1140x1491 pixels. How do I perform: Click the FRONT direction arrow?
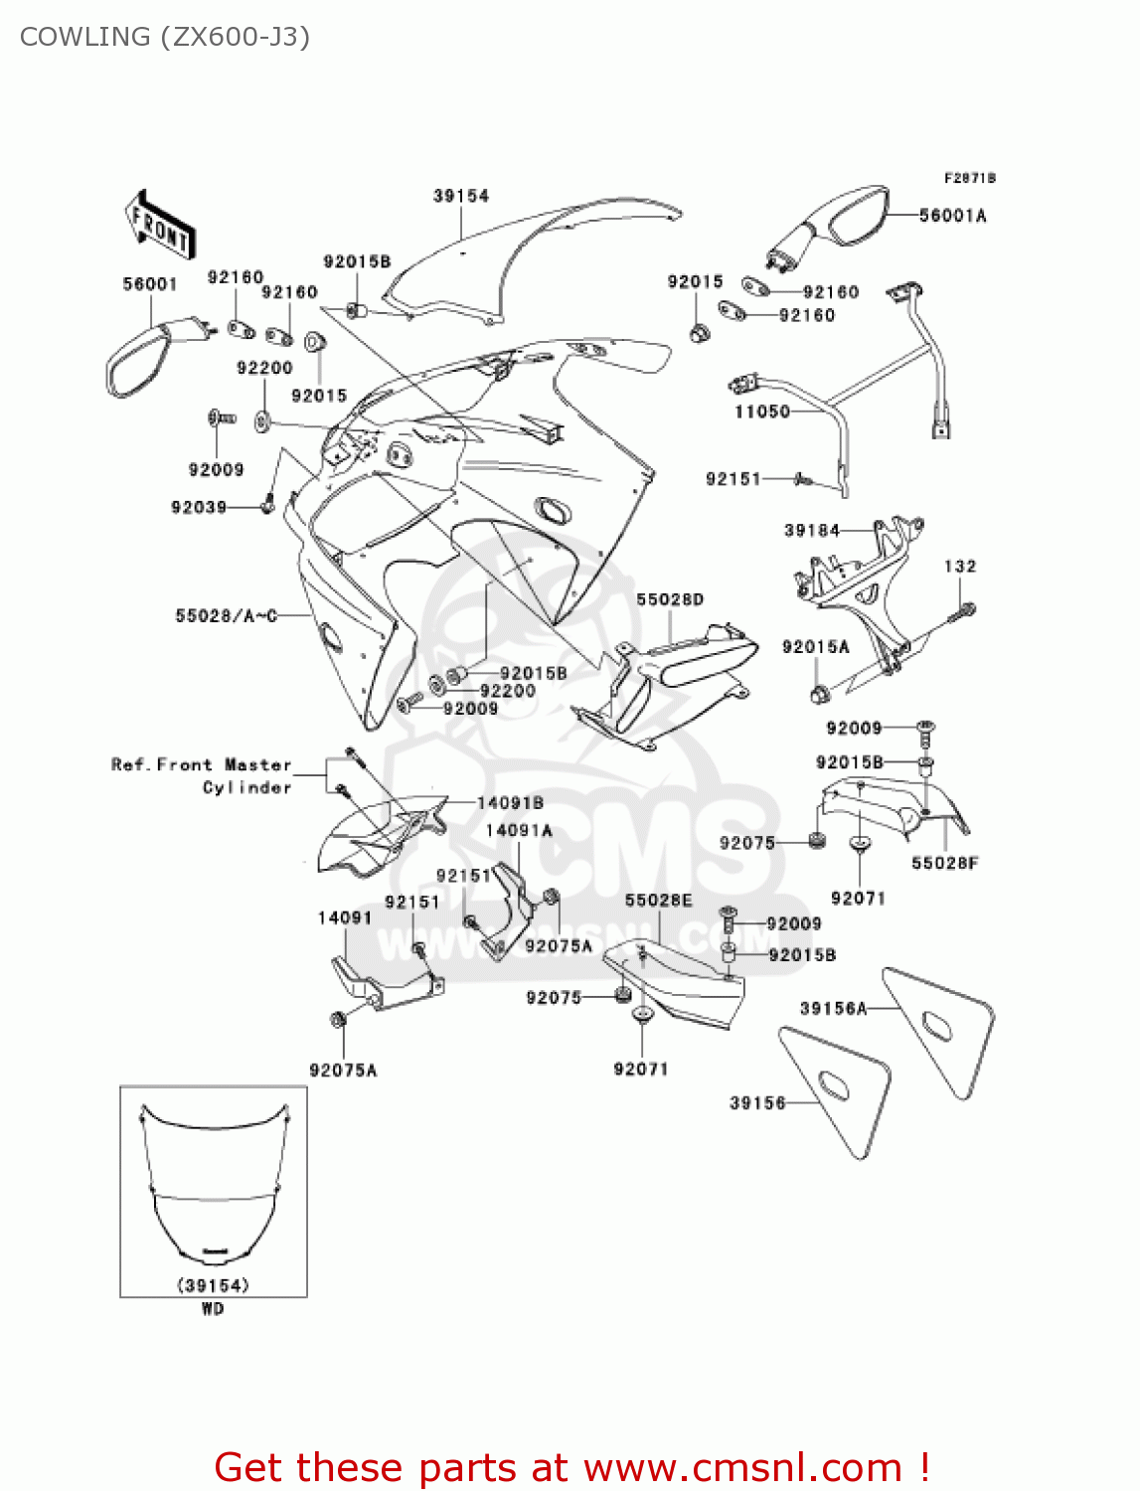click(159, 227)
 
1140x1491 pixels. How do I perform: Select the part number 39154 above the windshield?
click(461, 196)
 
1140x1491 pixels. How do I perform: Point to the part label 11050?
click(761, 412)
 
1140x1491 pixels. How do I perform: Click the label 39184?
click(812, 531)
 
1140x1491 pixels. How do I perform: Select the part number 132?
click(960, 567)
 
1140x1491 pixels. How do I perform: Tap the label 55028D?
click(670, 599)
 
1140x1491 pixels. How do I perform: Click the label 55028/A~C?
click(226, 616)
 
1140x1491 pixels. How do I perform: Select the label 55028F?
click(944, 863)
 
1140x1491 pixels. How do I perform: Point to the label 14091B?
click(510, 803)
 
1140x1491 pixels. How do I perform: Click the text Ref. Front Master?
click(202, 764)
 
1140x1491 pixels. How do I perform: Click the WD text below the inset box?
click(213, 1309)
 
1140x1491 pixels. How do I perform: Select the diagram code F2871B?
click(969, 178)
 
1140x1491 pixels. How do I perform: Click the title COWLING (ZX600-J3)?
click(165, 37)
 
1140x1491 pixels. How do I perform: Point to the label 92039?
click(199, 508)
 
